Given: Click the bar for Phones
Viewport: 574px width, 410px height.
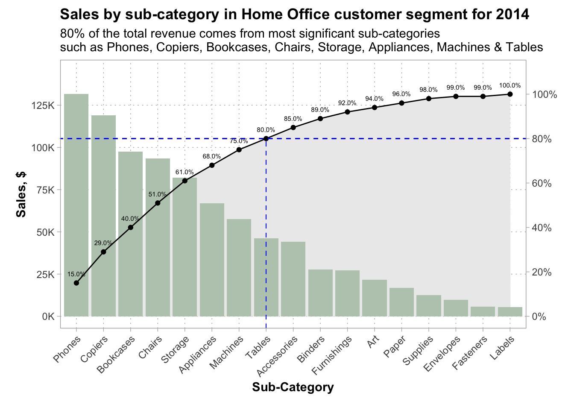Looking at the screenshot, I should (76, 205).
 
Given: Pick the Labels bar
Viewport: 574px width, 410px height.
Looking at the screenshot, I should (510, 312).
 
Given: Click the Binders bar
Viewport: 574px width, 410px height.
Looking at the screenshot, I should (320, 293).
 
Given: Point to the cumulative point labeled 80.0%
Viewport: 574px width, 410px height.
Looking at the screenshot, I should (266, 138).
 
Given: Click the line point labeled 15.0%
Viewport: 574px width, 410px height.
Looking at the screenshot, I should (76, 283).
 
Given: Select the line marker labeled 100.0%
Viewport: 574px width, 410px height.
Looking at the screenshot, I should (510, 94).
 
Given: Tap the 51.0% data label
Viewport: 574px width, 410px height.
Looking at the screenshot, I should (158, 195).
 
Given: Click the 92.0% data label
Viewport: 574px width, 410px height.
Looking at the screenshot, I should (347, 103).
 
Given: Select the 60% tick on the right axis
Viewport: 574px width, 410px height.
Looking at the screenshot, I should (542, 184).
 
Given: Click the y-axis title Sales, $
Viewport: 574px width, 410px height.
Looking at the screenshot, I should (21, 194).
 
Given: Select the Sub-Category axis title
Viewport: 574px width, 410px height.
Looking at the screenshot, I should (293, 387).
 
